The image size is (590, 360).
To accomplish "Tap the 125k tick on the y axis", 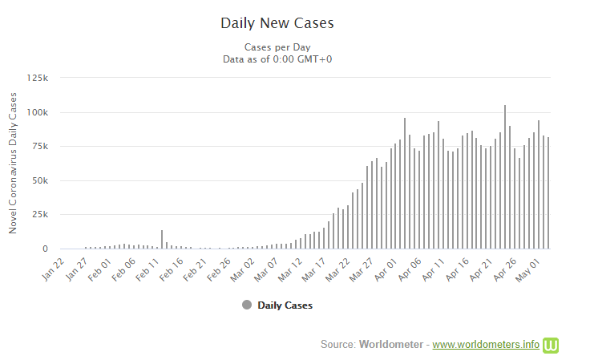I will (x=38, y=78).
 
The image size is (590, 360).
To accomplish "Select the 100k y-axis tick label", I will (x=38, y=112).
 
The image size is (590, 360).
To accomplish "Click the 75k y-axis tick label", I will (x=40, y=147).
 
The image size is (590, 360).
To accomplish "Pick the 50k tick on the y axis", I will (x=40, y=180).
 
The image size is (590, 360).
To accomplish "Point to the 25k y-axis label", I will (x=40, y=215).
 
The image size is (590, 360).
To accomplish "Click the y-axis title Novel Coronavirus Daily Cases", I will (x=13, y=163).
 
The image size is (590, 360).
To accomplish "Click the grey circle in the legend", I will (x=247, y=305).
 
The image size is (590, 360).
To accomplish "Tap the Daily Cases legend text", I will (x=285, y=305).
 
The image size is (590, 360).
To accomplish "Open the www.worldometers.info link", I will (x=486, y=344).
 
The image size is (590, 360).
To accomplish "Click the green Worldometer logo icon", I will (x=551, y=344).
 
